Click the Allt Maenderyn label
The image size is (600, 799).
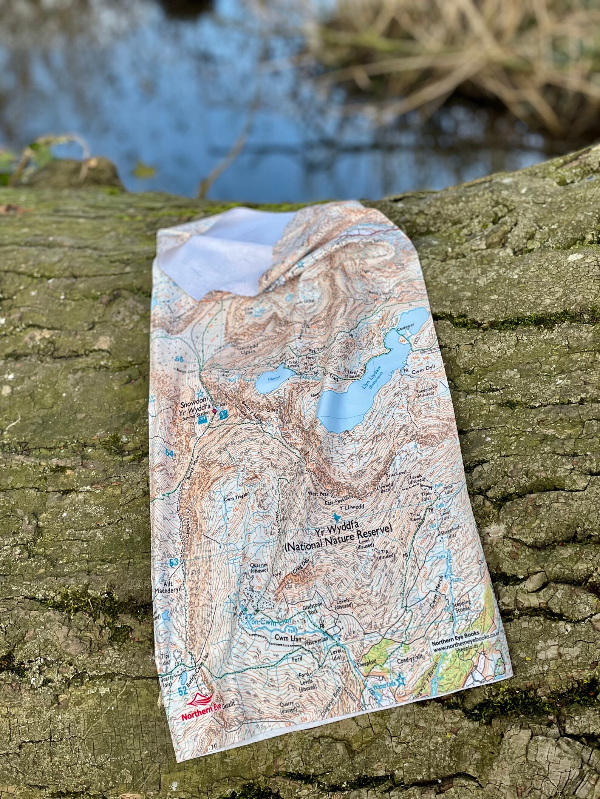coord(169,590)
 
